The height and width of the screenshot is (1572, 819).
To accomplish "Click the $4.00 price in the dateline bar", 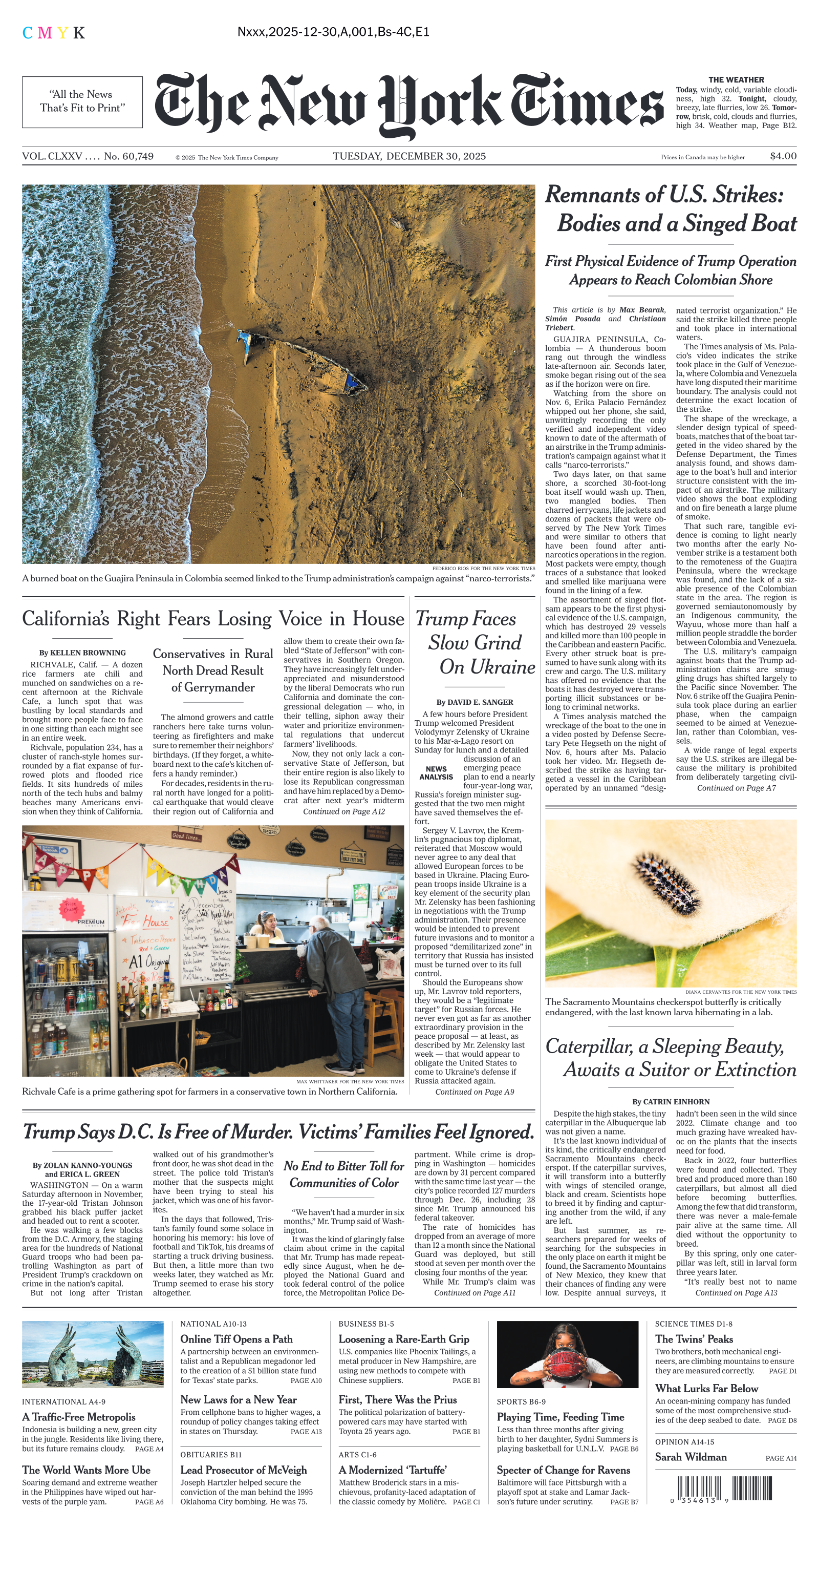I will (783, 156).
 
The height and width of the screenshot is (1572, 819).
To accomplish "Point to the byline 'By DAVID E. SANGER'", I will (475, 702).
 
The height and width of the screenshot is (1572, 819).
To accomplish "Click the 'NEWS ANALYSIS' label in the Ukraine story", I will (436, 773).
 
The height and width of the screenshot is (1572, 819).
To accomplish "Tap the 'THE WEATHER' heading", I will (736, 80).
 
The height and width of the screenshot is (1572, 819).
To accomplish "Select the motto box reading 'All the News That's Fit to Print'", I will (82, 102).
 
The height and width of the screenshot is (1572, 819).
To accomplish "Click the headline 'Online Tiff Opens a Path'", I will (236, 1339).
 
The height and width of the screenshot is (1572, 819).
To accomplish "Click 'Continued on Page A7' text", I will (736, 788).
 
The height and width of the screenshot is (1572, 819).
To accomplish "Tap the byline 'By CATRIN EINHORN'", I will (671, 1101).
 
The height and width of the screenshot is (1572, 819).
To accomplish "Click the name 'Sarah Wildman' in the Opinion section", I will (691, 1457).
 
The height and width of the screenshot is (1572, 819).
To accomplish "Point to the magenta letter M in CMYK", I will (45, 33).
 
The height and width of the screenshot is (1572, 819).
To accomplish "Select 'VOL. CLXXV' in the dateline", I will (52, 156).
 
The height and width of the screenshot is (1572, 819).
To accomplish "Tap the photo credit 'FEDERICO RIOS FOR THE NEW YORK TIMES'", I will (484, 568).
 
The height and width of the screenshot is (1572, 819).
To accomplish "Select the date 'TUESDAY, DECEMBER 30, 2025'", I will (409, 156).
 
